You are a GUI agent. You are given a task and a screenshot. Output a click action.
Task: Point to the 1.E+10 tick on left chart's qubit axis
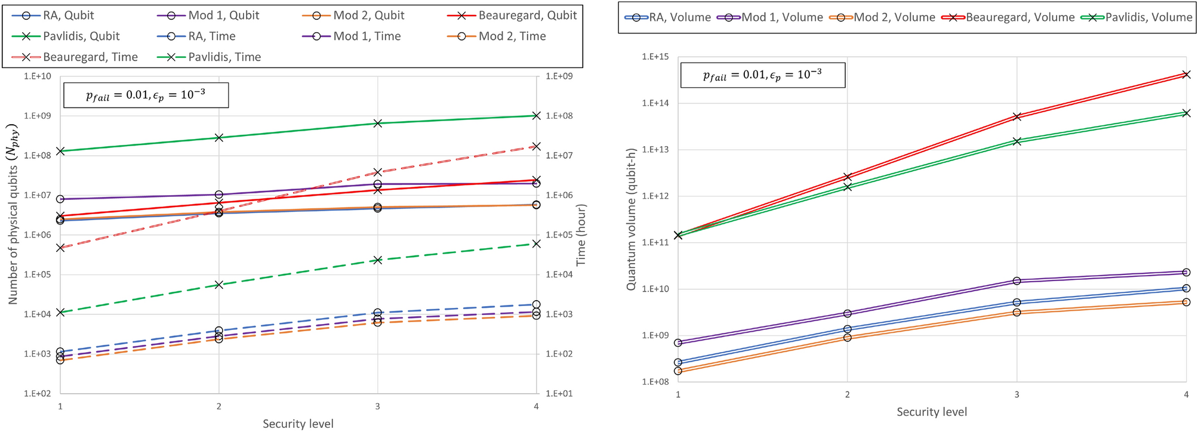(x=37, y=76)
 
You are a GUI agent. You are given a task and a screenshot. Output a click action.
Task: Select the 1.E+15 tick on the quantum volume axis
(x=655, y=57)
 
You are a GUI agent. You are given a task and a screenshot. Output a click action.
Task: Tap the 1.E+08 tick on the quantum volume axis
(x=655, y=382)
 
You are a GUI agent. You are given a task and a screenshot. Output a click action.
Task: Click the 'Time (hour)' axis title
(x=581, y=235)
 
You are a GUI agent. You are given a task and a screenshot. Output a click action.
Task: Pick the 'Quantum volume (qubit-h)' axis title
(x=631, y=220)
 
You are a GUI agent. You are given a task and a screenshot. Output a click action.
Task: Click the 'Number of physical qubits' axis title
(x=13, y=215)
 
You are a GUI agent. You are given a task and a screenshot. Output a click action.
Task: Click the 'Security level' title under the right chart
(x=931, y=412)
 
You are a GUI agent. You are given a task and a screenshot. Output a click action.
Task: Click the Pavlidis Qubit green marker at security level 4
(x=536, y=115)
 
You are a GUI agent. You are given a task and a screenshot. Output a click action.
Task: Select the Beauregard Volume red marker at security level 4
(x=1186, y=75)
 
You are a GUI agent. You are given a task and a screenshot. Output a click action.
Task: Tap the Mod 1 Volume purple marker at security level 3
(x=1017, y=281)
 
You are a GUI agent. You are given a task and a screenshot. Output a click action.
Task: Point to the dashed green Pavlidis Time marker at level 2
(x=219, y=285)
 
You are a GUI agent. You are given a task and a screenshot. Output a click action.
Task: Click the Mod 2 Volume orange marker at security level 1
(x=678, y=371)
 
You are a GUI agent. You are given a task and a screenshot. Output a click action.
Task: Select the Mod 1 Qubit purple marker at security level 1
(x=60, y=199)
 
